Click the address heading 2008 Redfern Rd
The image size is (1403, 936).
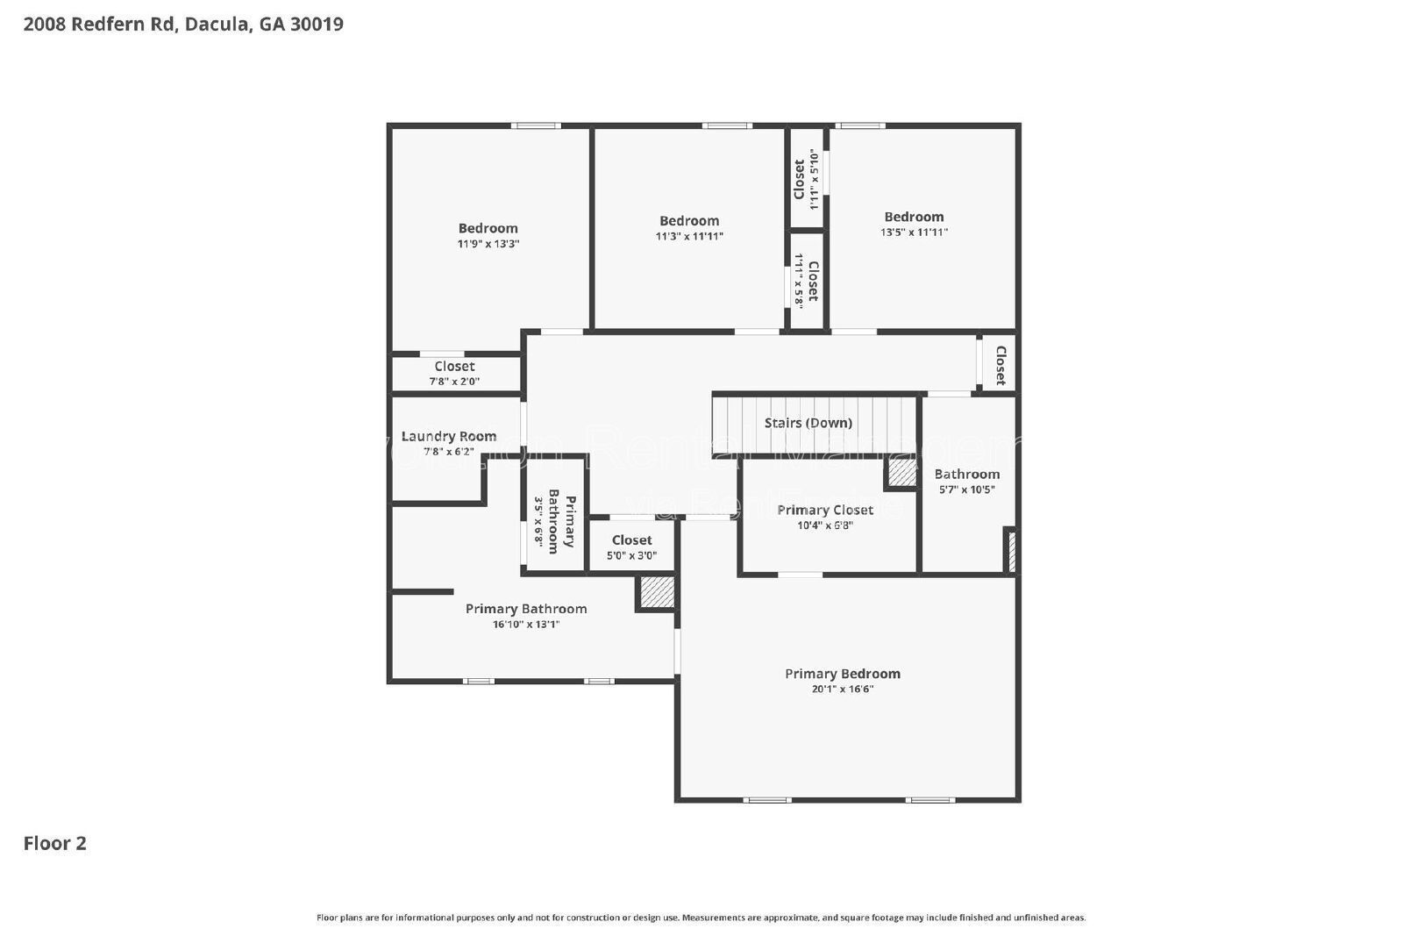(182, 24)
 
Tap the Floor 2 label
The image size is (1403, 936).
(54, 843)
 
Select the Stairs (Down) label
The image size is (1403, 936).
(808, 423)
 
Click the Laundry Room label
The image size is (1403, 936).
(448, 436)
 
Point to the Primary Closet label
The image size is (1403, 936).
(824, 510)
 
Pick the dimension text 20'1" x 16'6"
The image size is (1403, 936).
(842, 689)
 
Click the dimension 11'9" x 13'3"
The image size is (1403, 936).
(488, 244)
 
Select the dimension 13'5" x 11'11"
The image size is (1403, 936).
(914, 232)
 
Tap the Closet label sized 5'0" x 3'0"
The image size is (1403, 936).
(631, 540)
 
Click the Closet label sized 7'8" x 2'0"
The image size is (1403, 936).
(453, 367)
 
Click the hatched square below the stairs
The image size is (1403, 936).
(901, 474)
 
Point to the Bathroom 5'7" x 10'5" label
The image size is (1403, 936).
(966, 475)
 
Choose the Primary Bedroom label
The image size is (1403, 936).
(842, 674)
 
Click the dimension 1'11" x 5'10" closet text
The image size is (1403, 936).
(814, 180)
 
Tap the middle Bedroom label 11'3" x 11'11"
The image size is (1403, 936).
(689, 221)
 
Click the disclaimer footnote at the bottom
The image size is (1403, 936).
(701, 918)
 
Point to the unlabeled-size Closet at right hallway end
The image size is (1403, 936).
(1000, 365)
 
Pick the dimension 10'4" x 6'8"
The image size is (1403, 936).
(824, 525)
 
